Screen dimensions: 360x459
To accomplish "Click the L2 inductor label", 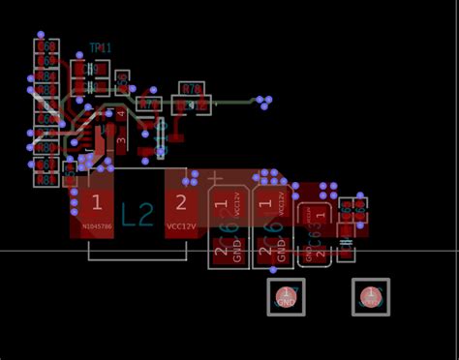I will point(138,214).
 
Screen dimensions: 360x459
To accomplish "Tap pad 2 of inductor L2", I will point(180,204).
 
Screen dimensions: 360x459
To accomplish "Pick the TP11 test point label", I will point(100,47).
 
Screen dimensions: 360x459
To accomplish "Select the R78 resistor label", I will point(192,88).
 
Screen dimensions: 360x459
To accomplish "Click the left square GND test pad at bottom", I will point(286,297).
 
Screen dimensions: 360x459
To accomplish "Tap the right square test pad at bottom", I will point(370,297).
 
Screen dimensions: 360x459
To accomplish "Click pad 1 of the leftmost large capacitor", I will point(222,206).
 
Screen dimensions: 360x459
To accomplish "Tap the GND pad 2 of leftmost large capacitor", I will point(222,253).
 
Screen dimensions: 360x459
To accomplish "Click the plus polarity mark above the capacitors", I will point(216,178).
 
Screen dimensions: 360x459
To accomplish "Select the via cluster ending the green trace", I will point(262,100).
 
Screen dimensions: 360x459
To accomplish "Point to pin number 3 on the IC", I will point(121,141).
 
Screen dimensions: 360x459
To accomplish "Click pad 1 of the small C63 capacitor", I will point(317,214).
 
